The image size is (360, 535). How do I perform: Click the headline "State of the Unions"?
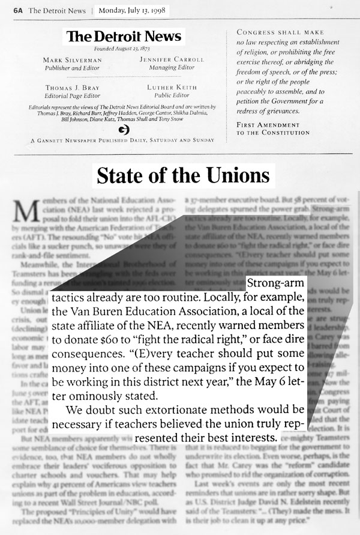tap(182, 176)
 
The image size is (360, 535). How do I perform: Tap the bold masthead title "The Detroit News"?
tap(124, 37)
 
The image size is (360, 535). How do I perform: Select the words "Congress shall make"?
tap(271, 32)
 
